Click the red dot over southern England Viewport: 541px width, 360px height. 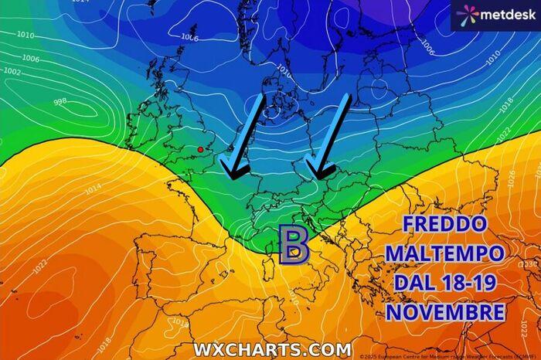point(200,149)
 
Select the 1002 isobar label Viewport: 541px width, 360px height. point(12,71)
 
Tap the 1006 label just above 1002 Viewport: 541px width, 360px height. point(30,59)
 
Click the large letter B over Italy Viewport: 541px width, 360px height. point(294,246)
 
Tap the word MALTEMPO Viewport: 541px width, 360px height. point(444,254)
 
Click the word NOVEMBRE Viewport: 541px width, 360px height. point(444,312)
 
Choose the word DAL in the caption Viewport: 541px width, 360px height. point(412,283)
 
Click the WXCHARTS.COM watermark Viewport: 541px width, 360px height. point(271,349)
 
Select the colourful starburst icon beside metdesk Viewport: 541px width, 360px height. point(466,15)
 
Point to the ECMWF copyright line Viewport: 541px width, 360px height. point(448,355)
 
